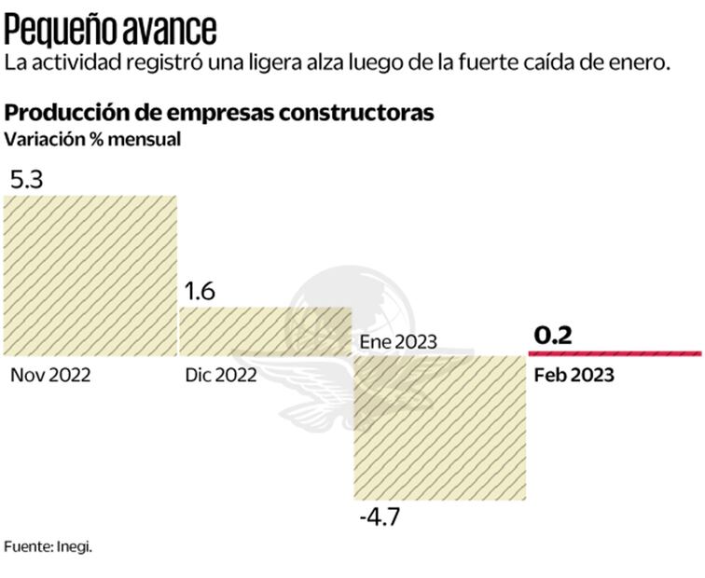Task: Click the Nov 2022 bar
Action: [x=90, y=275]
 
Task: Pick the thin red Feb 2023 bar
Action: [x=615, y=353]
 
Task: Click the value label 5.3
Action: [x=27, y=179]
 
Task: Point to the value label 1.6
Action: [x=200, y=292]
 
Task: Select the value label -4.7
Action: [x=379, y=516]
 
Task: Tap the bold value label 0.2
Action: [x=552, y=336]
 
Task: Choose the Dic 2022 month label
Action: [x=220, y=375]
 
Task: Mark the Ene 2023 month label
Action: [x=398, y=341]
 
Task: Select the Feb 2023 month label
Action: [x=574, y=375]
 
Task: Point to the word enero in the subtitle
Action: [x=645, y=63]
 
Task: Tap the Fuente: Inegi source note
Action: [x=48, y=546]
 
